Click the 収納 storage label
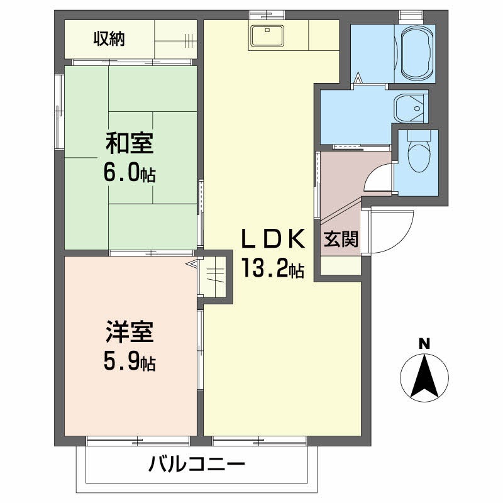tap(109, 39)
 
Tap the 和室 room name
tap(129, 144)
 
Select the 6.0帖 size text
tap(130, 174)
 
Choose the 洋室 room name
tap(130, 331)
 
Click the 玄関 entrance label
tap(341, 240)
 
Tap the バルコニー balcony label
tap(197, 466)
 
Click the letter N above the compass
tap(424, 343)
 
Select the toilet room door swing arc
tap(379, 178)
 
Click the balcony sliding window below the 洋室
tap(138, 441)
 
